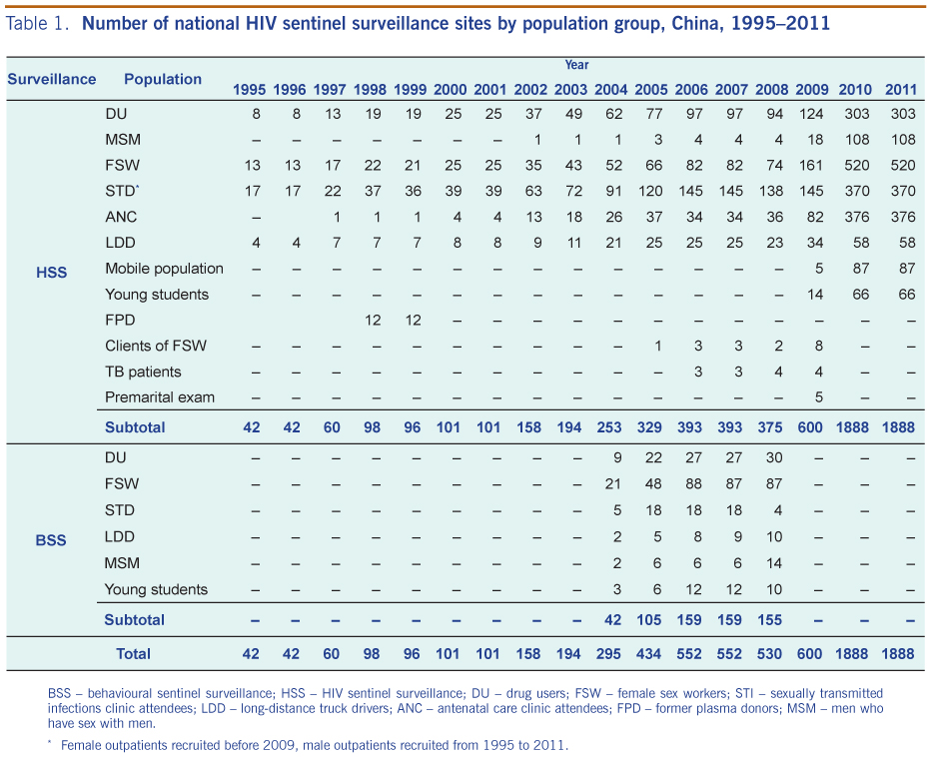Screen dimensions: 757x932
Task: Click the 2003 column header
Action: click(570, 89)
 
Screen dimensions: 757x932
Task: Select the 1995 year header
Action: click(250, 89)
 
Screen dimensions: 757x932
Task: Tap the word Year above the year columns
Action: click(576, 65)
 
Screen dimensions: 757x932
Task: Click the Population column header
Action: click(163, 79)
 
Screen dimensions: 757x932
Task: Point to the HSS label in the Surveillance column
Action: click(51, 272)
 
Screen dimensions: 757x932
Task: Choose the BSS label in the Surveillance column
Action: click(51, 540)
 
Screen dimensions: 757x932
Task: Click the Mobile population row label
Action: click(164, 269)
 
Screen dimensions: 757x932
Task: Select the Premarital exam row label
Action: click(160, 397)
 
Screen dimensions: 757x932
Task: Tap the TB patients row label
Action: click(143, 372)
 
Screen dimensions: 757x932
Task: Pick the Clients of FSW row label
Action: click(157, 346)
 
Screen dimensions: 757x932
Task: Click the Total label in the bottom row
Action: click(133, 653)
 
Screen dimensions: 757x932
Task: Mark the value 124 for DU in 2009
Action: click(810, 114)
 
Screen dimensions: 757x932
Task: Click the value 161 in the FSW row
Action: click(810, 166)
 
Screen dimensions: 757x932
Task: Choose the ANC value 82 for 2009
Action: click(814, 217)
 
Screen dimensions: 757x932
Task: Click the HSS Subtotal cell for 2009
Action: click(810, 426)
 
